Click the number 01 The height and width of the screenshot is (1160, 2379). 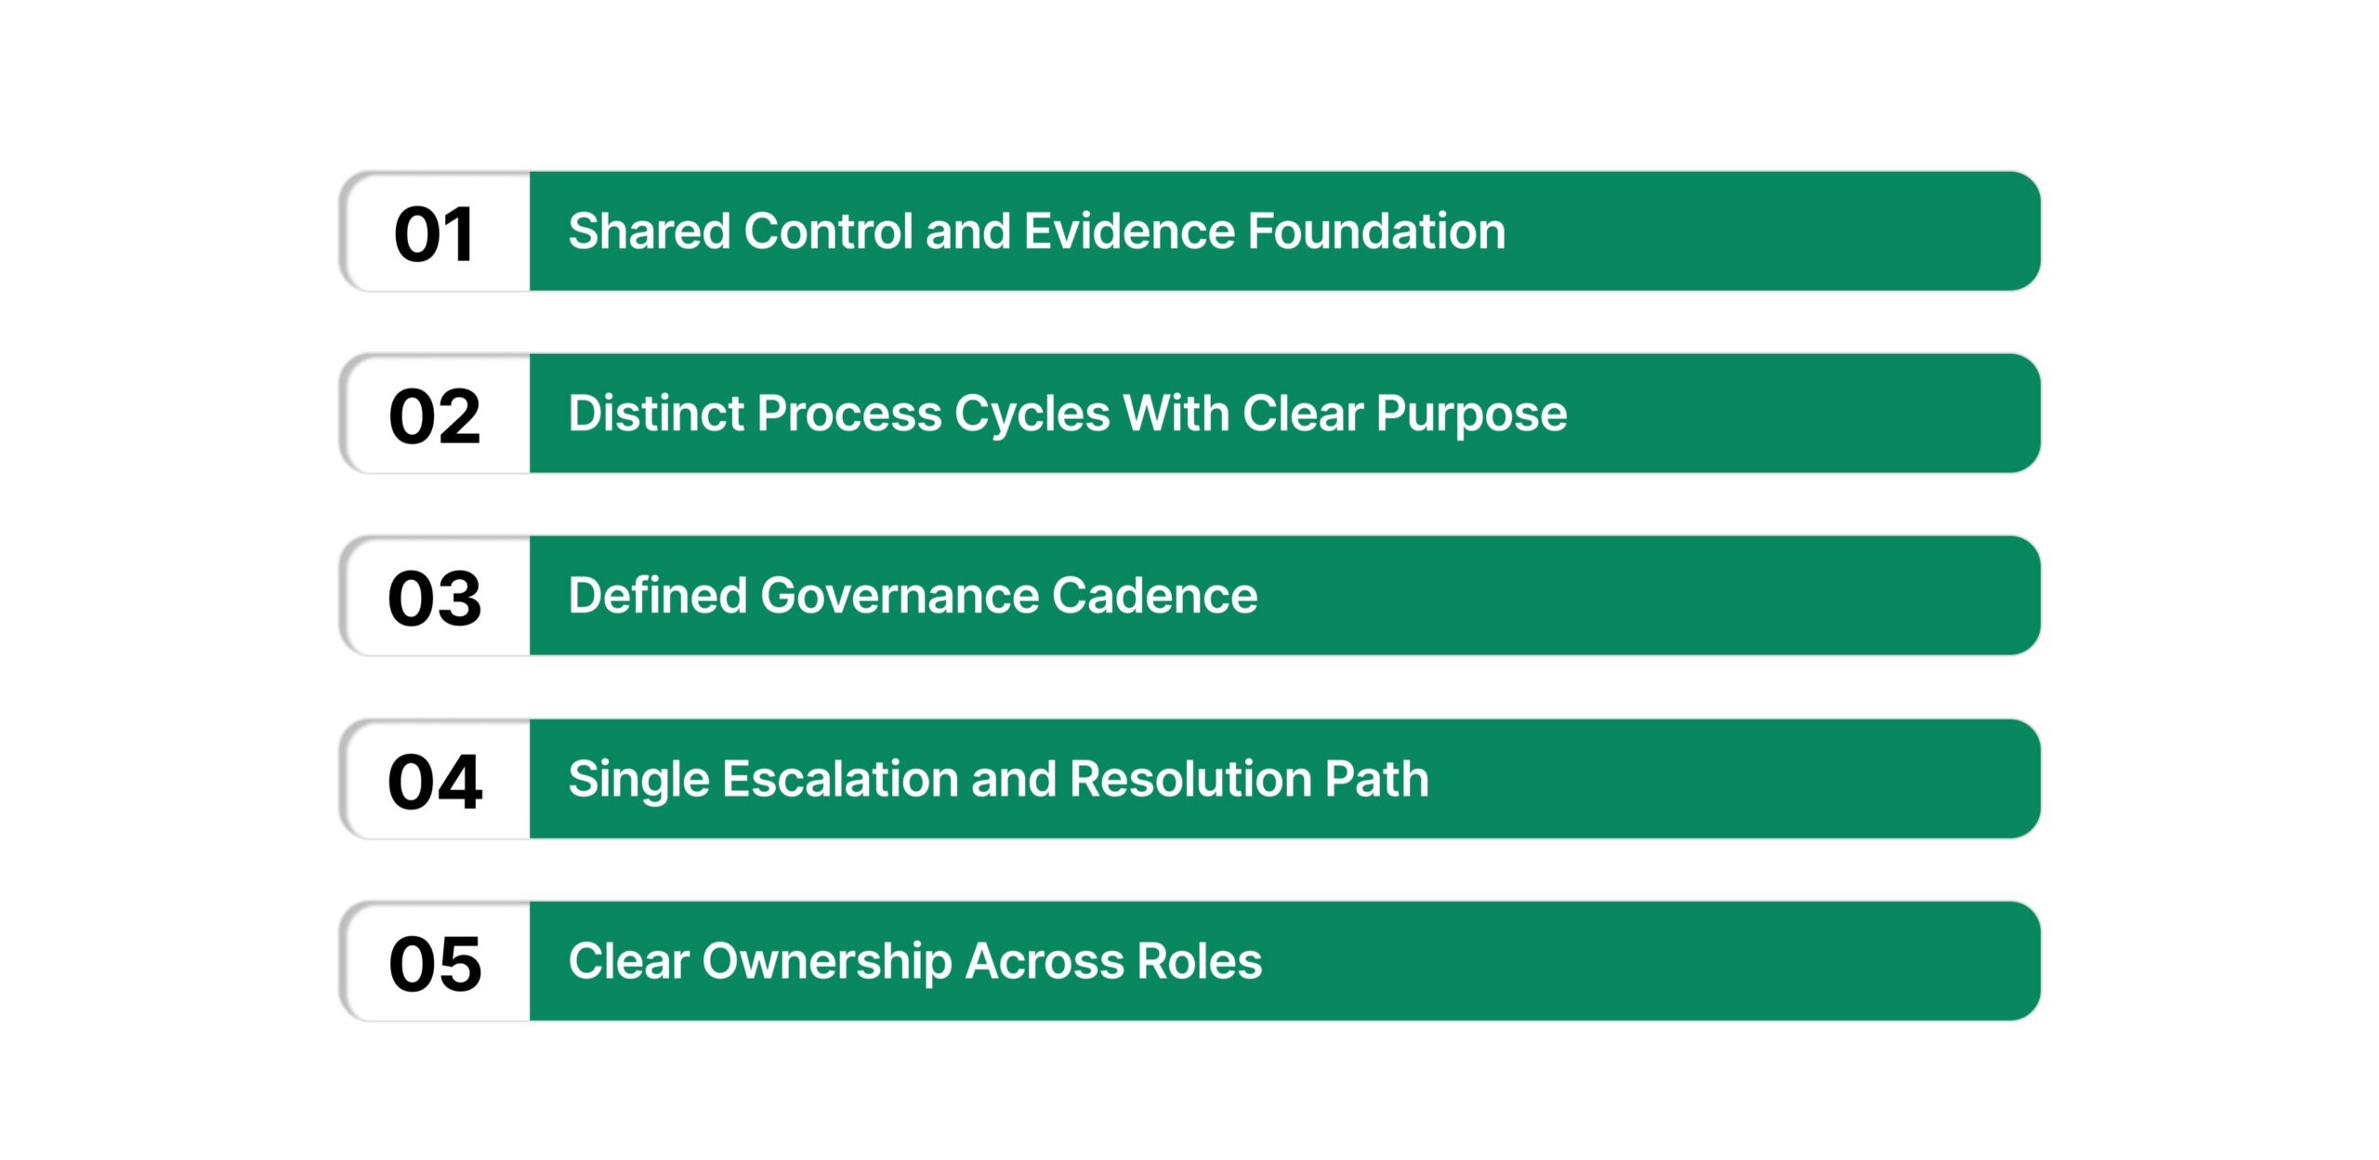tap(434, 234)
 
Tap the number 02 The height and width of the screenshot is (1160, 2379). tap(434, 416)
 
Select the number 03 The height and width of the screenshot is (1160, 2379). tap(434, 599)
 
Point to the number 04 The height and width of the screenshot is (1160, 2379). tap(434, 782)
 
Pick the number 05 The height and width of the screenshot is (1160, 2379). tap(434, 964)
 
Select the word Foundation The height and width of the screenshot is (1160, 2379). tap(1376, 231)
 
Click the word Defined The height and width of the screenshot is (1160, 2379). tap(657, 596)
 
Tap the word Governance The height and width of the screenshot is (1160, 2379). tap(899, 596)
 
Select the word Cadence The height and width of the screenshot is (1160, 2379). tap(1154, 596)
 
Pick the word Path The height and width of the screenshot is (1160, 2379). tap(1376, 779)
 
